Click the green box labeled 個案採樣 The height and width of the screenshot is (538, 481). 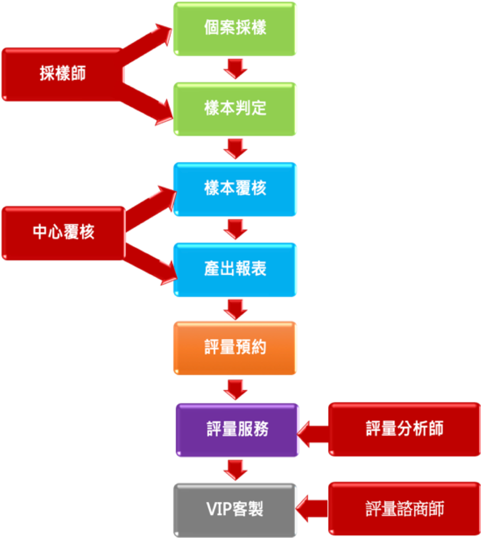pos(235,29)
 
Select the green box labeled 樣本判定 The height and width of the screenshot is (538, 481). pos(235,109)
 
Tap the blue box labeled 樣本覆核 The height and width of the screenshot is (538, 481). pos(235,189)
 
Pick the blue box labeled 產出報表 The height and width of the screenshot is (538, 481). pos(235,269)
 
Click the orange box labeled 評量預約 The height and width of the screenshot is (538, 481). pos(235,348)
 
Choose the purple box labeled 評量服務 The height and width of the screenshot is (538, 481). pos(237,429)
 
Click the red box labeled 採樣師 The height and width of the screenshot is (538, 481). pos(62,74)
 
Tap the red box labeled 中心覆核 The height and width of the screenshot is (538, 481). pos(63,233)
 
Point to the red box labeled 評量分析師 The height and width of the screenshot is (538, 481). pos(404,429)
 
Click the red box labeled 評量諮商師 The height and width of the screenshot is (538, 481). pos(404,509)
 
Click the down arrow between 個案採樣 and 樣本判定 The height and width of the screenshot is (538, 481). pos(235,69)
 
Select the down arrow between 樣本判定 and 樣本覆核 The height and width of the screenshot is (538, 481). pos(235,149)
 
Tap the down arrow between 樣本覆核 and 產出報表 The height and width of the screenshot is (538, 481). pos(235,229)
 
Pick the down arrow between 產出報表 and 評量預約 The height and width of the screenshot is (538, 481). pos(235,309)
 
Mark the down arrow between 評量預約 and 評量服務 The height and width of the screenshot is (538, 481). pos(235,389)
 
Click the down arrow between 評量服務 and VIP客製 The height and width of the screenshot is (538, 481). pos(235,470)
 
